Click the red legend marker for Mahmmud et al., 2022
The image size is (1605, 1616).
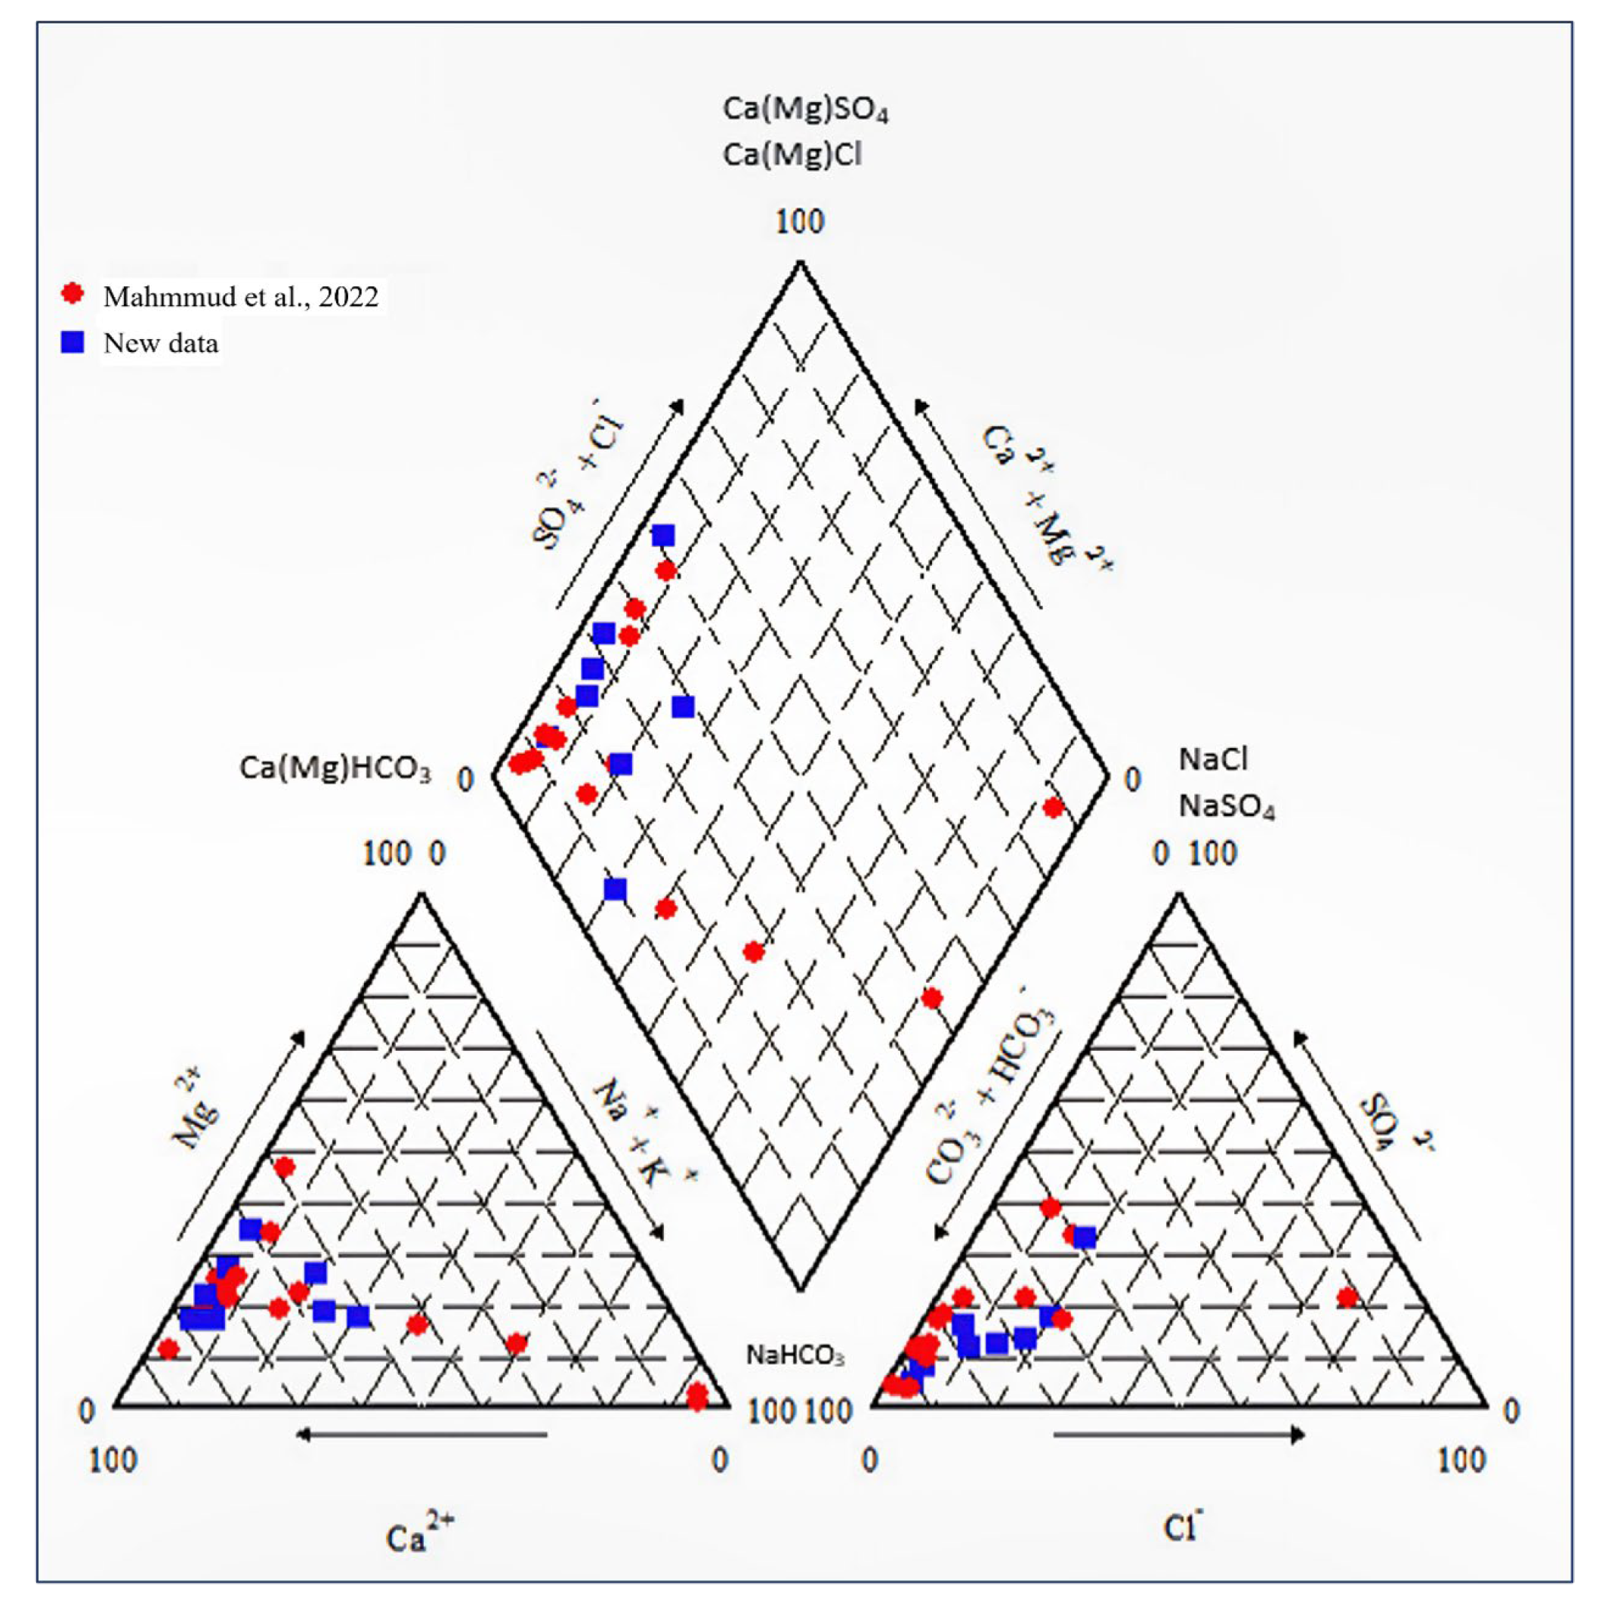coord(73,294)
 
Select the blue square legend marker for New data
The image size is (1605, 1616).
coord(73,342)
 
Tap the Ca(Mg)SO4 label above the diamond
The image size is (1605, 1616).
coord(804,110)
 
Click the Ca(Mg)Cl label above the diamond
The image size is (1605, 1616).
coord(792,155)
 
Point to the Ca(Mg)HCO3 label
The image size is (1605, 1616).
coord(335,768)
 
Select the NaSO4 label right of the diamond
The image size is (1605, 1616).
coord(1226,806)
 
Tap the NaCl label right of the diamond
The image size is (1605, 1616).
coord(1213,759)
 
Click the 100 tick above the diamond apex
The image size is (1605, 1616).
coord(800,221)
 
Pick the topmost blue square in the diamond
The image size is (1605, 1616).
coord(663,536)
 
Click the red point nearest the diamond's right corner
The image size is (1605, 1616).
coord(1053,807)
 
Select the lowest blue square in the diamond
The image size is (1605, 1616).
coord(615,889)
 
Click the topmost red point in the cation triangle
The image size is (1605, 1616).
coord(284,1166)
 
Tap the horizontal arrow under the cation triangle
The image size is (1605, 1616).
coord(422,1435)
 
